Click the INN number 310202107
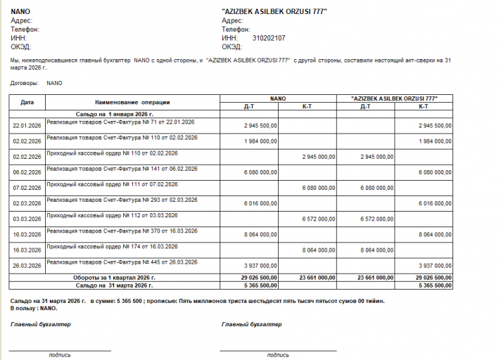[269, 38]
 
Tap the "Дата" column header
[27, 102]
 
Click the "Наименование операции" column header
[132, 102]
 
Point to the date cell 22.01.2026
[27, 126]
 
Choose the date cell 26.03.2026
[27, 266]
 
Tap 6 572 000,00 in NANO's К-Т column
[321, 219]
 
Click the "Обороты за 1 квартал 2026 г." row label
[116, 278]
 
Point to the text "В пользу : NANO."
[34, 308]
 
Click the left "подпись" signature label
[60, 355]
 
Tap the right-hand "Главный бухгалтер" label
[251, 324]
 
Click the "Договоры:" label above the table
[25, 83]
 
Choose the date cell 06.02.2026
[27, 172]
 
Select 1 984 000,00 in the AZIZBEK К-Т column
[434, 141]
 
